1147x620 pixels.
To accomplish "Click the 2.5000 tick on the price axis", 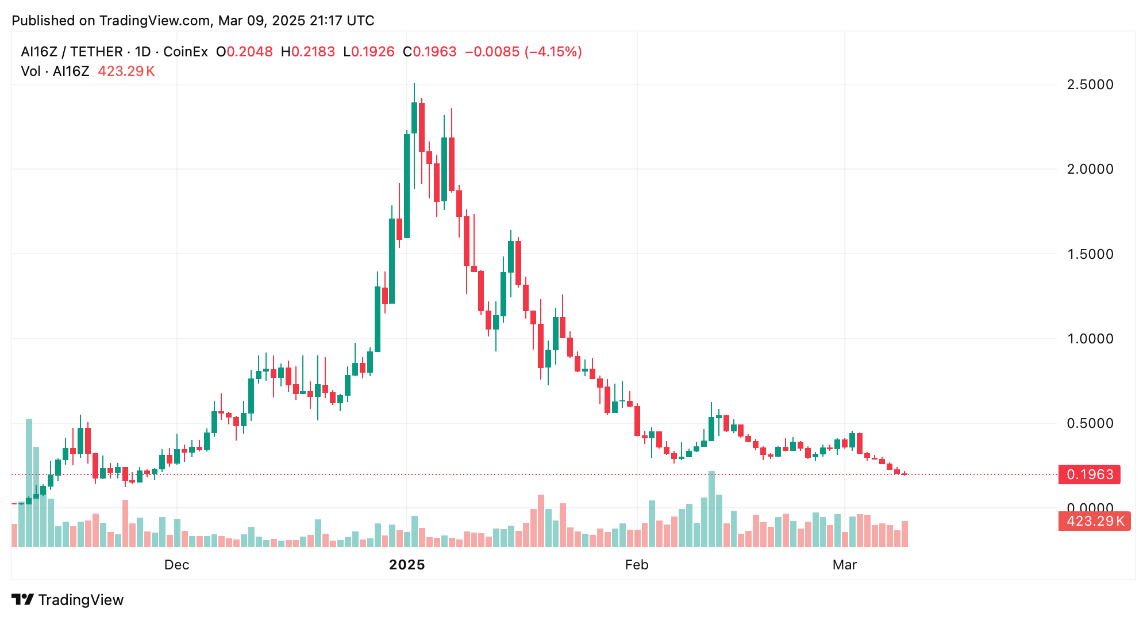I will (x=1090, y=85).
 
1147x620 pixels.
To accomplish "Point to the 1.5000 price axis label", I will (x=1090, y=254).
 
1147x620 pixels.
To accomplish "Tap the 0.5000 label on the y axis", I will (x=1090, y=423).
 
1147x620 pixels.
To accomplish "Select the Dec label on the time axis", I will (x=176, y=565).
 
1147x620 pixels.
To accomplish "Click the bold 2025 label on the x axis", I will (x=407, y=565).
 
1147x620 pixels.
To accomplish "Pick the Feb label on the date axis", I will (x=637, y=565).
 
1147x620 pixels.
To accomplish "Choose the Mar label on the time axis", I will (x=844, y=565).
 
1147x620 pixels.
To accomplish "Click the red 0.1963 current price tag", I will (x=1090, y=474).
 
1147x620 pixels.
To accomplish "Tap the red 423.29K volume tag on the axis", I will (x=1094, y=521).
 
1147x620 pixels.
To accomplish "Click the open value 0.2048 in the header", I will (x=249, y=52).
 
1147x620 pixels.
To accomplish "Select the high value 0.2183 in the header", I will (x=313, y=52).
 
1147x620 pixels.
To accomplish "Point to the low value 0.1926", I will (x=372, y=52).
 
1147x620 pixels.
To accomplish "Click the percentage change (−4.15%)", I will (x=552, y=52).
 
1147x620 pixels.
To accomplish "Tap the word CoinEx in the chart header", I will (x=186, y=52).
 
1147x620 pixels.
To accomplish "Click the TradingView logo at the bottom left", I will (x=68, y=600).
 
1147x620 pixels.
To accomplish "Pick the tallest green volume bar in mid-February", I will (x=711, y=508).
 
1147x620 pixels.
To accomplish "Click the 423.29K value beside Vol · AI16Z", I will (x=126, y=71).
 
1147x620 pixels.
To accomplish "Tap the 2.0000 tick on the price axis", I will (x=1090, y=169).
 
